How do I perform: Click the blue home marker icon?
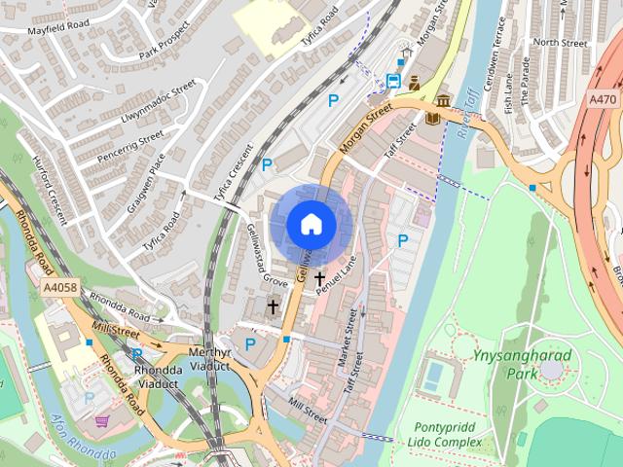tap(311, 225)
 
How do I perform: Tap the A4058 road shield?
tap(59, 288)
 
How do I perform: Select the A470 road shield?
tap(604, 98)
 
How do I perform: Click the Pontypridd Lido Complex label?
tap(448, 435)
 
